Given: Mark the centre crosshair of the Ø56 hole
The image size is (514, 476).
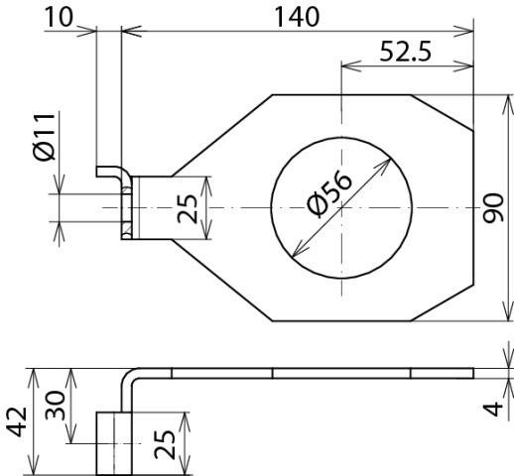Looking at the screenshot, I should (340, 207).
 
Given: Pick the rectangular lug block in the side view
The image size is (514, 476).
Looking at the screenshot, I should (114, 441).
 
